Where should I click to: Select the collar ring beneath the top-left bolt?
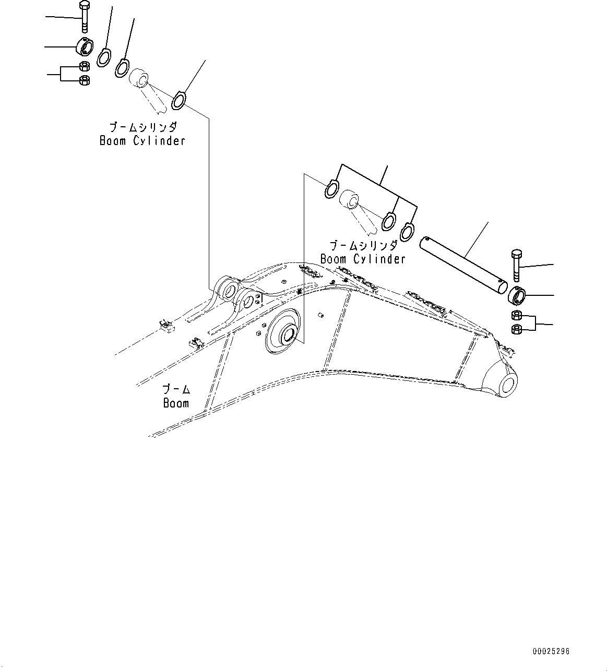point(85,47)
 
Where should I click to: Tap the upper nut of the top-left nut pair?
point(84,66)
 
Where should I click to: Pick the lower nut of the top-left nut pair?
point(84,80)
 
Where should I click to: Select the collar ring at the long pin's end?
point(517,297)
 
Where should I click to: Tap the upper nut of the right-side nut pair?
point(516,315)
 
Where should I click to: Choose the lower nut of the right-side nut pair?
point(516,329)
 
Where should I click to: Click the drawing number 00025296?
point(551,652)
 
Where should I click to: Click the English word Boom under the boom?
point(176,403)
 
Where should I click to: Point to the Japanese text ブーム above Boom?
point(176,389)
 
